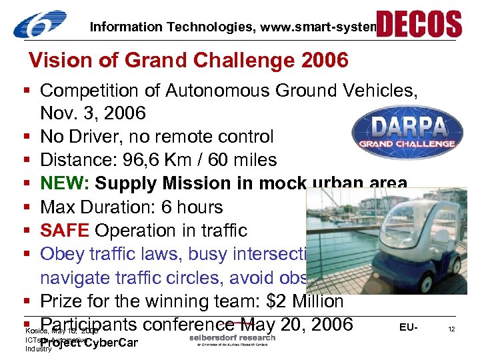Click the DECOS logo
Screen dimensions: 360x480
pyautogui.click(x=419, y=24)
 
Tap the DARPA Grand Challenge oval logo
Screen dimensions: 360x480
pyautogui.click(x=407, y=131)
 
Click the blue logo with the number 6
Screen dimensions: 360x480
pyautogui.click(x=40, y=25)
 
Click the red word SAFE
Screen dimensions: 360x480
pyautogui.click(x=65, y=231)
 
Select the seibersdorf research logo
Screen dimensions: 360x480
pyautogui.click(x=231, y=338)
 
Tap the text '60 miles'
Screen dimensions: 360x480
pyautogui.click(x=237, y=160)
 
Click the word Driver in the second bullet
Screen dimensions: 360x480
pyautogui.click(x=106, y=137)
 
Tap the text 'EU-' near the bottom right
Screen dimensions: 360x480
pyautogui.click(x=409, y=327)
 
